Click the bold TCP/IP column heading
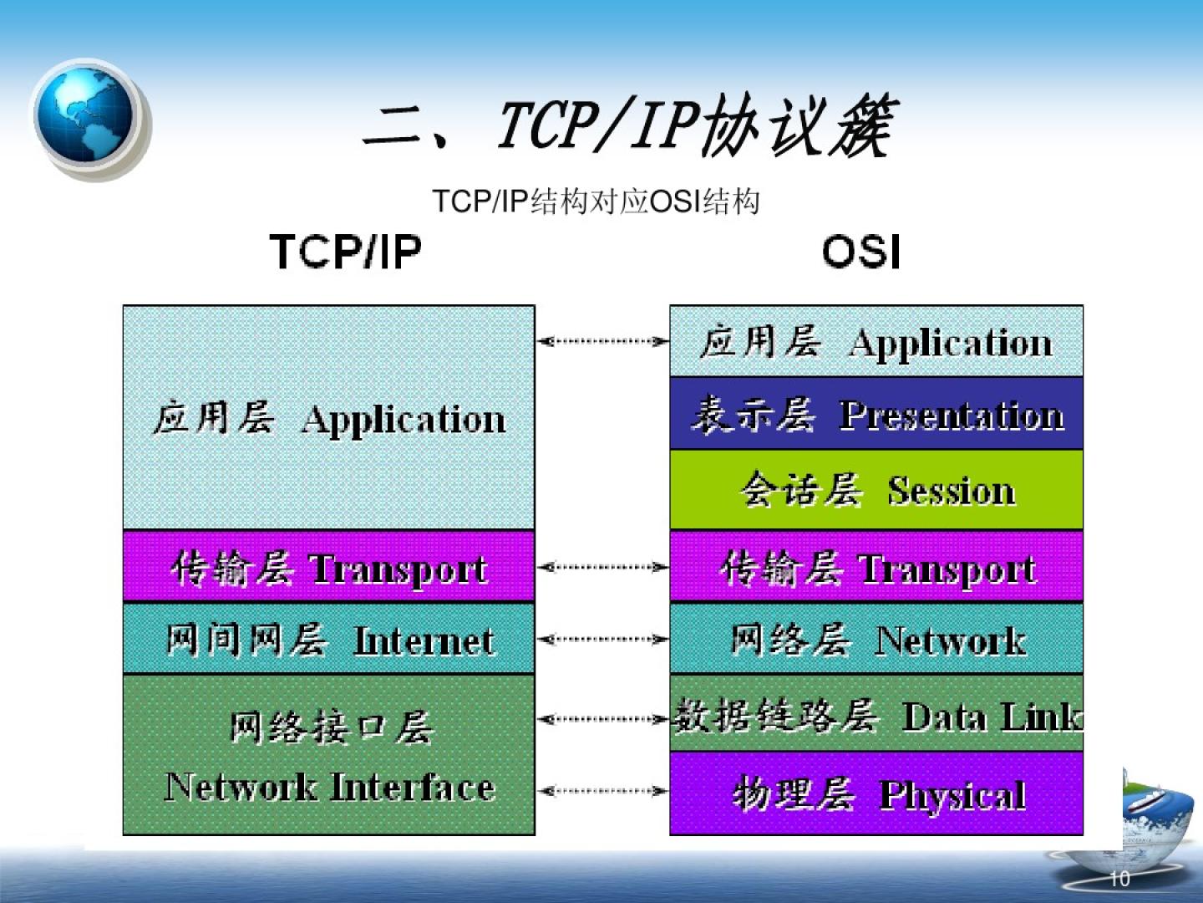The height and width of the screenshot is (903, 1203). [346, 252]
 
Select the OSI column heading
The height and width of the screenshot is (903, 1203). [861, 252]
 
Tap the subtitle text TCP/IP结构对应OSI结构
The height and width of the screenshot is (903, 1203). [596, 202]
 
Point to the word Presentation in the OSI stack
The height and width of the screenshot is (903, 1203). [952, 415]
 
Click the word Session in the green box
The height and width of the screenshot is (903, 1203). [952, 490]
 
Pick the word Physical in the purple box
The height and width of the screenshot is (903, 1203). [952, 795]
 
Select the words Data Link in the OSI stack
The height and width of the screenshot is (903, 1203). [992, 717]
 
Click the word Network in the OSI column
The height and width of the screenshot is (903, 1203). [951, 640]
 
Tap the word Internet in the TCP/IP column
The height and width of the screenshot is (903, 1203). [424, 640]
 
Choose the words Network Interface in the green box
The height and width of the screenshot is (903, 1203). [329, 787]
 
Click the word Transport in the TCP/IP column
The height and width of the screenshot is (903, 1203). [399, 569]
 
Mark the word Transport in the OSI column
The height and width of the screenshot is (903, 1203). [947, 569]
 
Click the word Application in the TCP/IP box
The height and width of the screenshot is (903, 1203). [403, 421]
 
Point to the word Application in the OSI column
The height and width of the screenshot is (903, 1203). [951, 344]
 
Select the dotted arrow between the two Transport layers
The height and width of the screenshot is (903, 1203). [602, 566]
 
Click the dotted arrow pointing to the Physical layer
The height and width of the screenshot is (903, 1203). [602, 791]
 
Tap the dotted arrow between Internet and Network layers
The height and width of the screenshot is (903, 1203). [602, 639]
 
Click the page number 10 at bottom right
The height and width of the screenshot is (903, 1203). [1119, 880]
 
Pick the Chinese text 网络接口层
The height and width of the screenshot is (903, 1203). [332, 727]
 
